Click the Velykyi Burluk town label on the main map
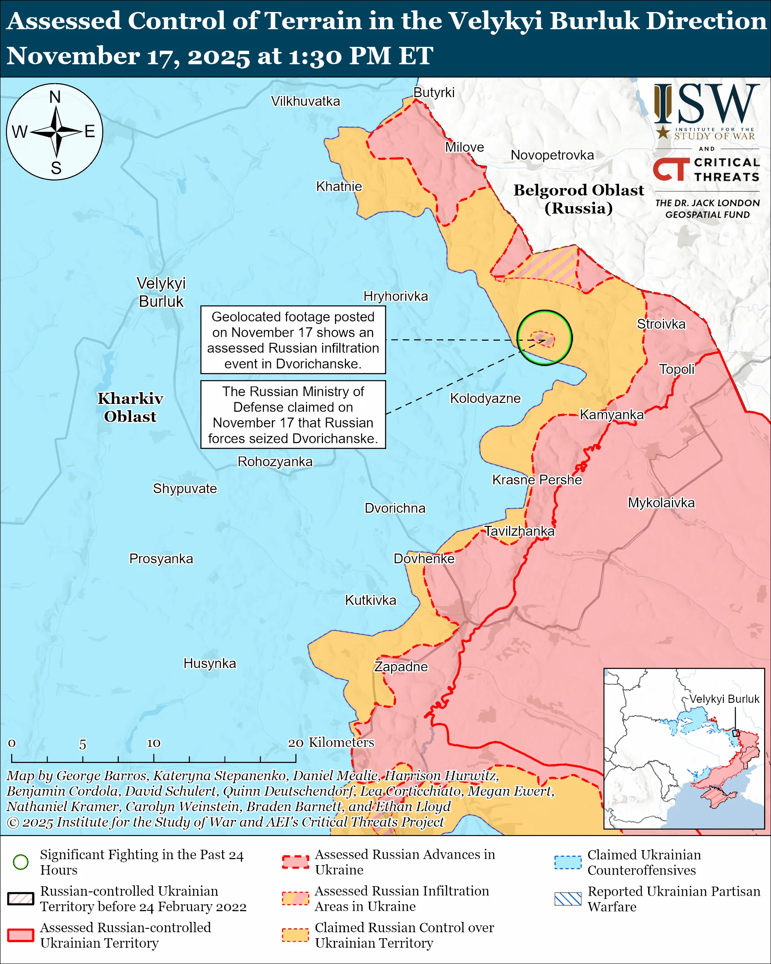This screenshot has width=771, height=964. tap(161, 292)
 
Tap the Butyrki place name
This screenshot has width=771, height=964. tap(433, 92)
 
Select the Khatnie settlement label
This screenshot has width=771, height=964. tap(339, 186)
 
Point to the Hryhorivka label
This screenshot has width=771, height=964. tap(396, 296)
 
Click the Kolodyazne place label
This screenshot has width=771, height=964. tap(485, 398)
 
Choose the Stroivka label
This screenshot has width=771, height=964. tap(661, 324)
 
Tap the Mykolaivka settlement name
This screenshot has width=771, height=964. tap(661, 503)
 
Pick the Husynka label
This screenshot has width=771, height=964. tap(210, 663)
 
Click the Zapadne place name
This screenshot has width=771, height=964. tap(401, 667)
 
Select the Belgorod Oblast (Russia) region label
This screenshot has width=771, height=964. tap(579, 199)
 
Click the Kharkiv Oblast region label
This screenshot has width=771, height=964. tap(130, 407)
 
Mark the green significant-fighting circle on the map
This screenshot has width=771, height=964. tap(544, 338)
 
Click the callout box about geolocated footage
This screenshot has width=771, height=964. tap(293, 340)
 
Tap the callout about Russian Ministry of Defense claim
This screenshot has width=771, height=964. tap(293, 415)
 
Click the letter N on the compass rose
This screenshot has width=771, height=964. tap(55, 97)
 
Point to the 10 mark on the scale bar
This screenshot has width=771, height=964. tap(153, 743)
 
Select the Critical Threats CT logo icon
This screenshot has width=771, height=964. tap(671, 169)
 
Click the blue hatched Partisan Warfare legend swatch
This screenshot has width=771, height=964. tap(568, 899)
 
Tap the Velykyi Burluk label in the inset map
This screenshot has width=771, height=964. tap(724, 699)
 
